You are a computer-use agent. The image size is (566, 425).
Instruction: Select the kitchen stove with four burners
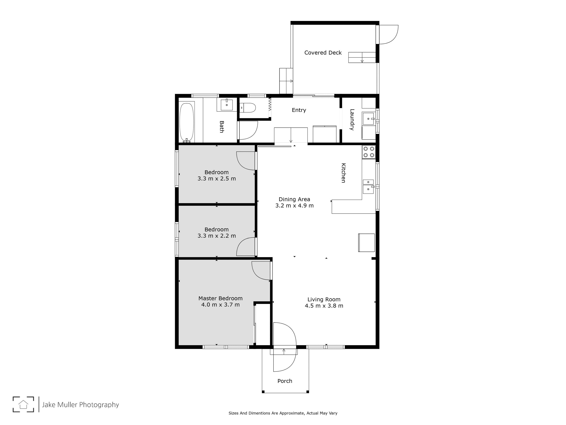369,152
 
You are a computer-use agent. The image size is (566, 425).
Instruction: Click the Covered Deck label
323,53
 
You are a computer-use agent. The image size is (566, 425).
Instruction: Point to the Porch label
285,381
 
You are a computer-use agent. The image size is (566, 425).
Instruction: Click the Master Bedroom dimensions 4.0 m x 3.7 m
221,305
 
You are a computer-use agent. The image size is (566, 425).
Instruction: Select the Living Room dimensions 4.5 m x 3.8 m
324,306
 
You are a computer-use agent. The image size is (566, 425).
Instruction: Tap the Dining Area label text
294,199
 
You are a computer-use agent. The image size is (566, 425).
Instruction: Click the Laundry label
352,120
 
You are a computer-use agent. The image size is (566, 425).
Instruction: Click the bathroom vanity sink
227,105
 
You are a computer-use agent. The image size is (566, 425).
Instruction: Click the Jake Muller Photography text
80,405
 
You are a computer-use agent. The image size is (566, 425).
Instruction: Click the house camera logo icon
23,404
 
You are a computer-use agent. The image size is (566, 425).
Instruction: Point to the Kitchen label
344,173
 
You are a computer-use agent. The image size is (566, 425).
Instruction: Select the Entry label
299,110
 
